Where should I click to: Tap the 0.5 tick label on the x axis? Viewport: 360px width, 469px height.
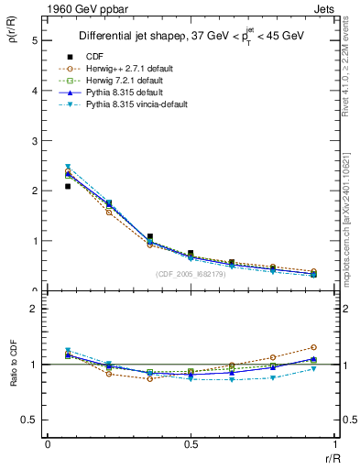[x=191, y=444]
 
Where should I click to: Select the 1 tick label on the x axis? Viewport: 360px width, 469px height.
[x=334, y=444]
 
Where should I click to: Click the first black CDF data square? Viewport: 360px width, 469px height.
[x=68, y=186]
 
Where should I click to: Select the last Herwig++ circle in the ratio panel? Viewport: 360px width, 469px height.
[x=313, y=347]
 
